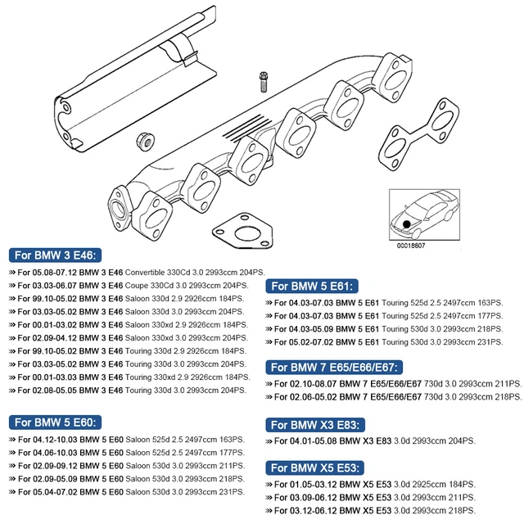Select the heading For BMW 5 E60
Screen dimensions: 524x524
pos(56,422)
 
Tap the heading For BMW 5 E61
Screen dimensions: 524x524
pos(314,287)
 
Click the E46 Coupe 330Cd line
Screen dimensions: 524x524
pos(127,285)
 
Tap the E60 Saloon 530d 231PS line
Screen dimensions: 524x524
pos(127,492)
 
